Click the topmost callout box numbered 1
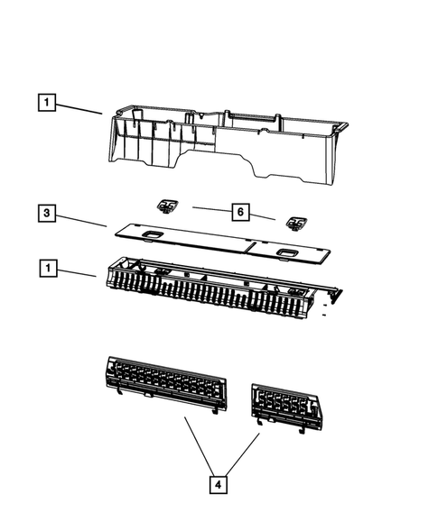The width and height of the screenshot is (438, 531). pyautogui.click(x=47, y=102)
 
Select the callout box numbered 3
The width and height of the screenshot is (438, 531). pyautogui.click(x=47, y=213)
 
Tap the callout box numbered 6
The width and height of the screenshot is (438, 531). pyautogui.click(x=240, y=212)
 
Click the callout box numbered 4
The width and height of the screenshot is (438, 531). pyautogui.click(x=219, y=485)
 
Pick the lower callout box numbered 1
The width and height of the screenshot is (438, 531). pyautogui.click(x=48, y=269)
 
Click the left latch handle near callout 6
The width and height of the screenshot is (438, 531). pyautogui.click(x=167, y=206)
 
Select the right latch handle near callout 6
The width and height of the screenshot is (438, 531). pyautogui.click(x=296, y=224)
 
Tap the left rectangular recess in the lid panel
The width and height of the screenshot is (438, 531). pyautogui.click(x=154, y=234)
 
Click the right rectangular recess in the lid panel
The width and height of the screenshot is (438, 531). pyautogui.click(x=287, y=252)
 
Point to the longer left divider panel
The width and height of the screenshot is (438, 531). pyautogui.click(x=165, y=383)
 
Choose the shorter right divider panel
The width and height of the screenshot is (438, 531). pyautogui.click(x=287, y=407)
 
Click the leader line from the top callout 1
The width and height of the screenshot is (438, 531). pyautogui.click(x=79, y=109)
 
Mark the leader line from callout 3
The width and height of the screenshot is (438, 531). pyautogui.click(x=81, y=221)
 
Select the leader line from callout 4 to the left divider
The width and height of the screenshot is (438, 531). pyautogui.click(x=200, y=446)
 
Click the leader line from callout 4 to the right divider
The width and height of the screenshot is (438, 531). pyautogui.click(x=241, y=454)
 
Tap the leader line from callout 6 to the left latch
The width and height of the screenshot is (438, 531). pyautogui.click(x=212, y=209)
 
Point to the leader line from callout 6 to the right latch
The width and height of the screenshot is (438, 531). pyautogui.click(x=262, y=216)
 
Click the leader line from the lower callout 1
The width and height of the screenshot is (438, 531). pyautogui.click(x=77, y=273)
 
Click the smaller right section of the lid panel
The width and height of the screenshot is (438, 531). pyautogui.click(x=288, y=252)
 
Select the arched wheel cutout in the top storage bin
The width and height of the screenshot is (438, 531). pyautogui.click(x=217, y=160)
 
